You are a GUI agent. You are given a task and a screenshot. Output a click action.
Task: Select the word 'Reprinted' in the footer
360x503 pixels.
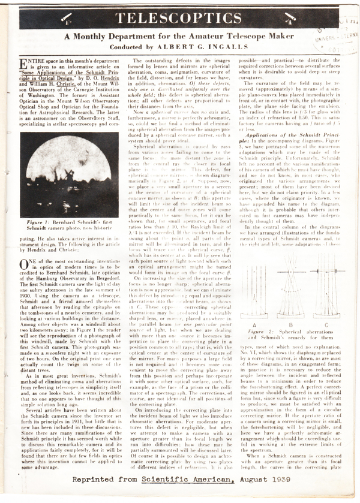[x=95, y=495]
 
